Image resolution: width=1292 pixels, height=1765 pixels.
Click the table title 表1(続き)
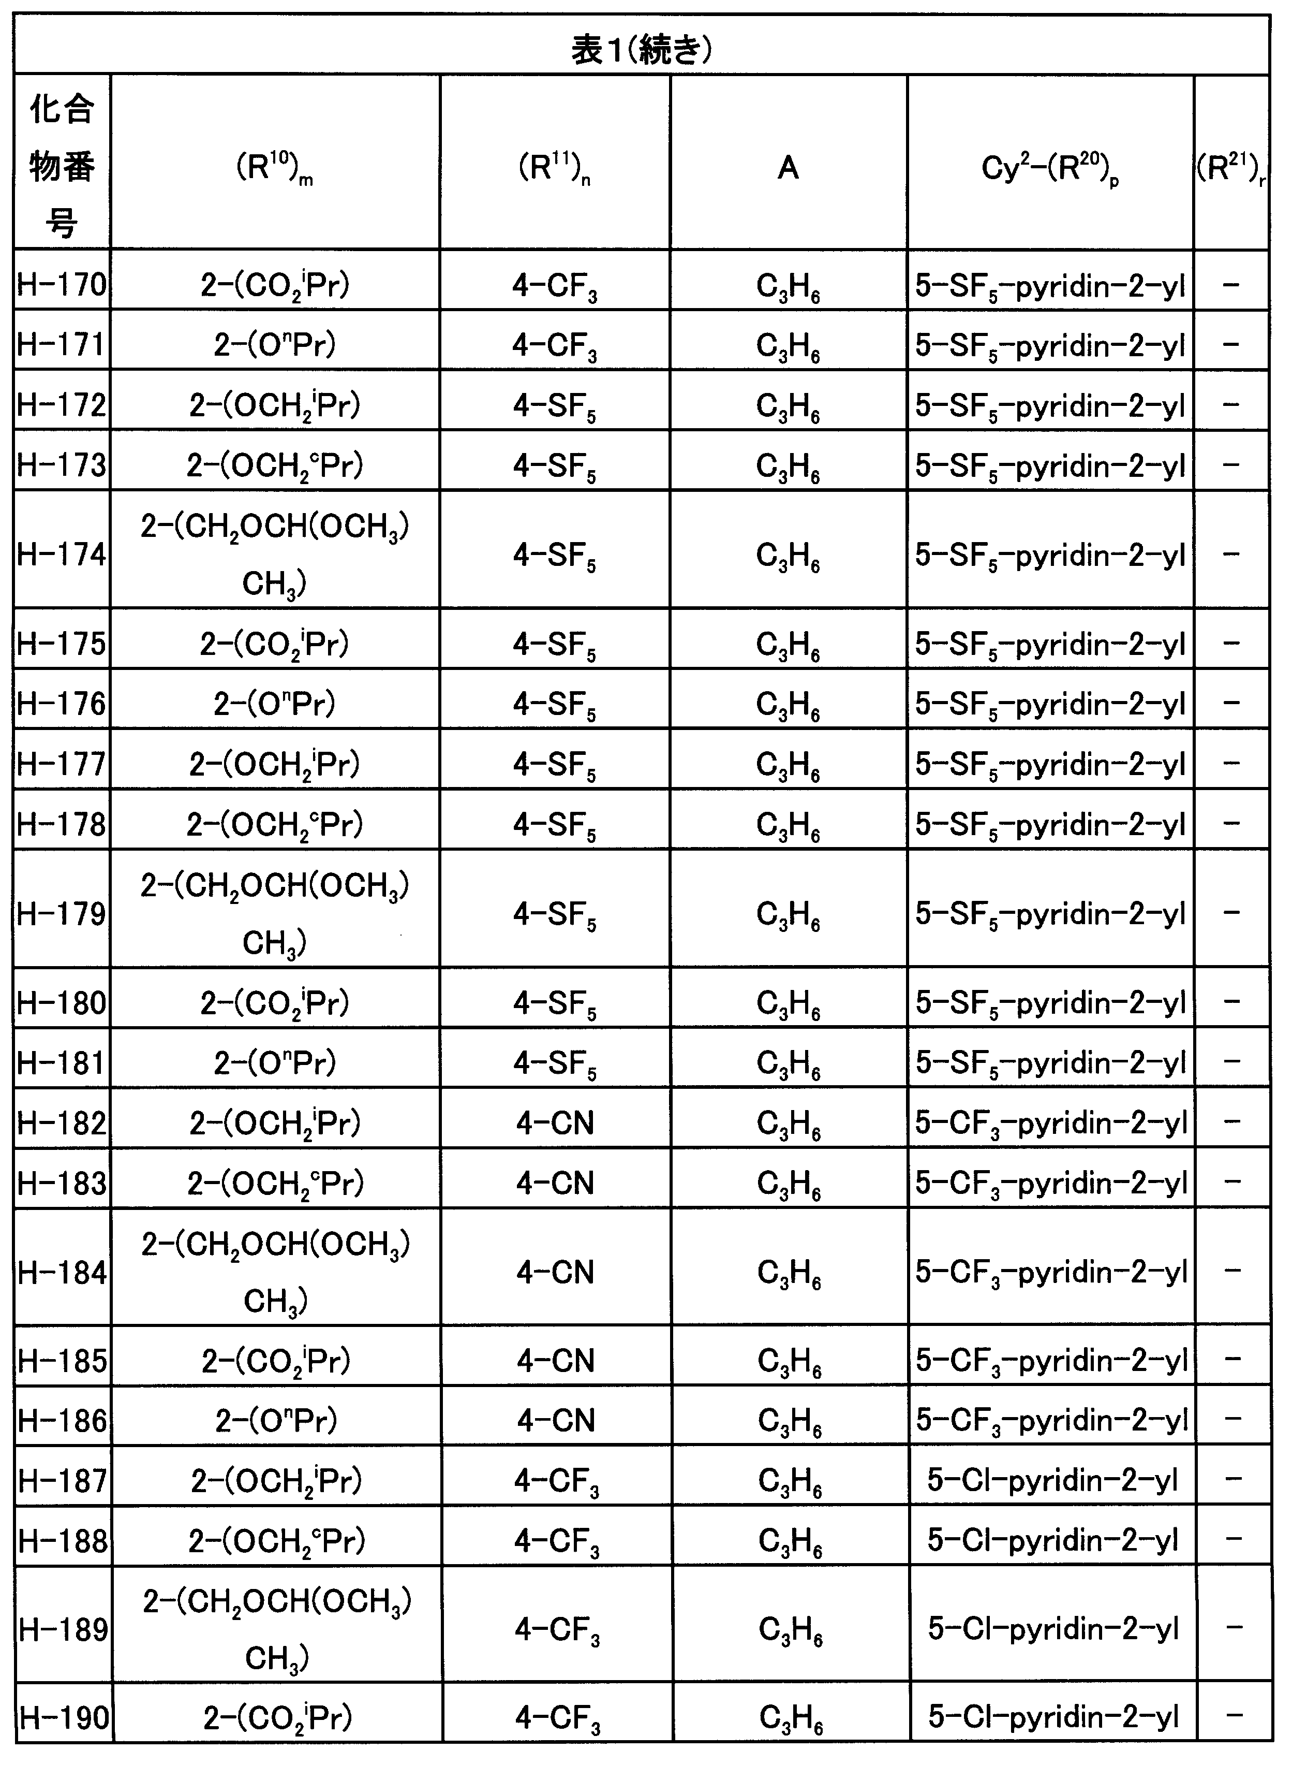(x=641, y=50)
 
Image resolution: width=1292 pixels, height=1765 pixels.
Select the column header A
(x=789, y=167)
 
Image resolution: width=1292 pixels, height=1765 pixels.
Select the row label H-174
(x=62, y=555)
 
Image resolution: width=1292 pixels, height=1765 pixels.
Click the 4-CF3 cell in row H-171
(x=555, y=345)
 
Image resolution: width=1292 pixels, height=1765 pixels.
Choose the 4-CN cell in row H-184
(x=555, y=1272)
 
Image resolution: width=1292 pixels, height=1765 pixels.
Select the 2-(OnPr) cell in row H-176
(x=275, y=703)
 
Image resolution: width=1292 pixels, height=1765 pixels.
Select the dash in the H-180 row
(x=1231, y=1001)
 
